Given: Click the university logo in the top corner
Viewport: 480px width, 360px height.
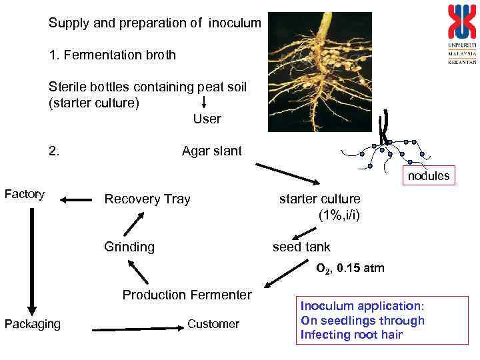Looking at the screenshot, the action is (x=462, y=33).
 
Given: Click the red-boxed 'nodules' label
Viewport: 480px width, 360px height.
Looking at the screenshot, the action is (x=429, y=176).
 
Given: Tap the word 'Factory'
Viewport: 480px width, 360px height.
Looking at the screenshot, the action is (x=25, y=194).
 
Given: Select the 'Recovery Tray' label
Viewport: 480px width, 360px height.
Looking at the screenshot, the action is (x=147, y=199).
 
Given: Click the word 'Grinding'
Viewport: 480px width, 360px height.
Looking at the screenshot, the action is (x=129, y=247).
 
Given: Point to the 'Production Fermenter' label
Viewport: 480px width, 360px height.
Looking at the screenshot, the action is (x=187, y=295).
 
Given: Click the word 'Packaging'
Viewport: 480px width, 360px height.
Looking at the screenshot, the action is (x=32, y=324).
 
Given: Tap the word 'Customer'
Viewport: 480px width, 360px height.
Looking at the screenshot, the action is (x=213, y=324).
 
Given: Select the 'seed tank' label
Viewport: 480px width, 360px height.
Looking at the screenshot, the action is (x=301, y=247).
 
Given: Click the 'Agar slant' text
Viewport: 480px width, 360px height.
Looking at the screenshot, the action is (x=212, y=151).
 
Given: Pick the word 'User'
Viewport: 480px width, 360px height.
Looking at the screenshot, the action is (x=207, y=119).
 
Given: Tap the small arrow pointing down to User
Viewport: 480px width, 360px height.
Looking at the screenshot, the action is (x=204, y=101).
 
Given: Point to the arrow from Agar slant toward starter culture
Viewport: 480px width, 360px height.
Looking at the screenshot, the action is (x=287, y=173).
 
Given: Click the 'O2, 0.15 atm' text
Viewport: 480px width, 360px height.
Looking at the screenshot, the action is (x=350, y=269).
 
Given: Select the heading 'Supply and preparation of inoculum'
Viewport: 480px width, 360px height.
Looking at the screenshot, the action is (x=155, y=23).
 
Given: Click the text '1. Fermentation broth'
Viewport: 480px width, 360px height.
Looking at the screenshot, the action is (x=112, y=55).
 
